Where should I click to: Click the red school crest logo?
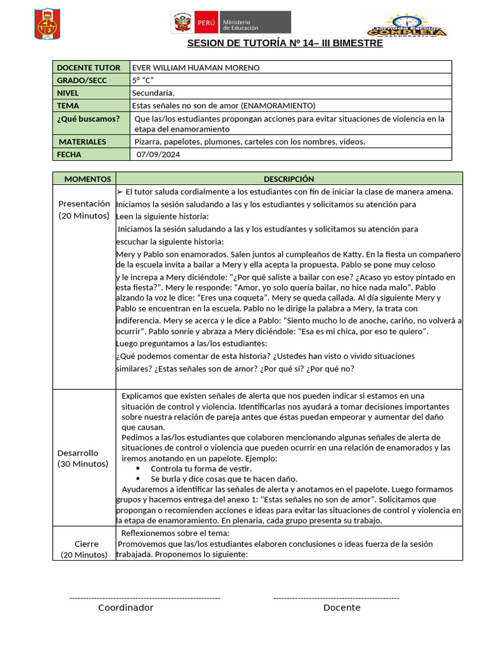(46, 24)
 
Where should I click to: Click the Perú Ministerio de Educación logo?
(231, 22)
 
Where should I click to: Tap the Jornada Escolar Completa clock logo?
(407, 25)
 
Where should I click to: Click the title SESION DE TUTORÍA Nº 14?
(285, 44)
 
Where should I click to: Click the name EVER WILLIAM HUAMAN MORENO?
(196, 68)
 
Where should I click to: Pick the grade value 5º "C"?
(143, 80)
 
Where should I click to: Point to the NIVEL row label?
(68, 93)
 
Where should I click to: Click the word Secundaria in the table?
(153, 93)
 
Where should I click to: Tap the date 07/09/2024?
(159, 154)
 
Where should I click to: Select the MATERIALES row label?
(82, 142)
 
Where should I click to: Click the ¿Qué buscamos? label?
(88, 118)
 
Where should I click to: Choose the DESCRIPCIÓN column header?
(289, 179)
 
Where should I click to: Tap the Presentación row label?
(84, 204)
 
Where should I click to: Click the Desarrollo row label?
(78, 453)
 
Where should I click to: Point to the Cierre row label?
(87, 544)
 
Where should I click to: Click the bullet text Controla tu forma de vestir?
(192, 469)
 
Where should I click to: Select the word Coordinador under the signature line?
(125, 607)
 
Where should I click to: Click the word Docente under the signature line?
(342, 607)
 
